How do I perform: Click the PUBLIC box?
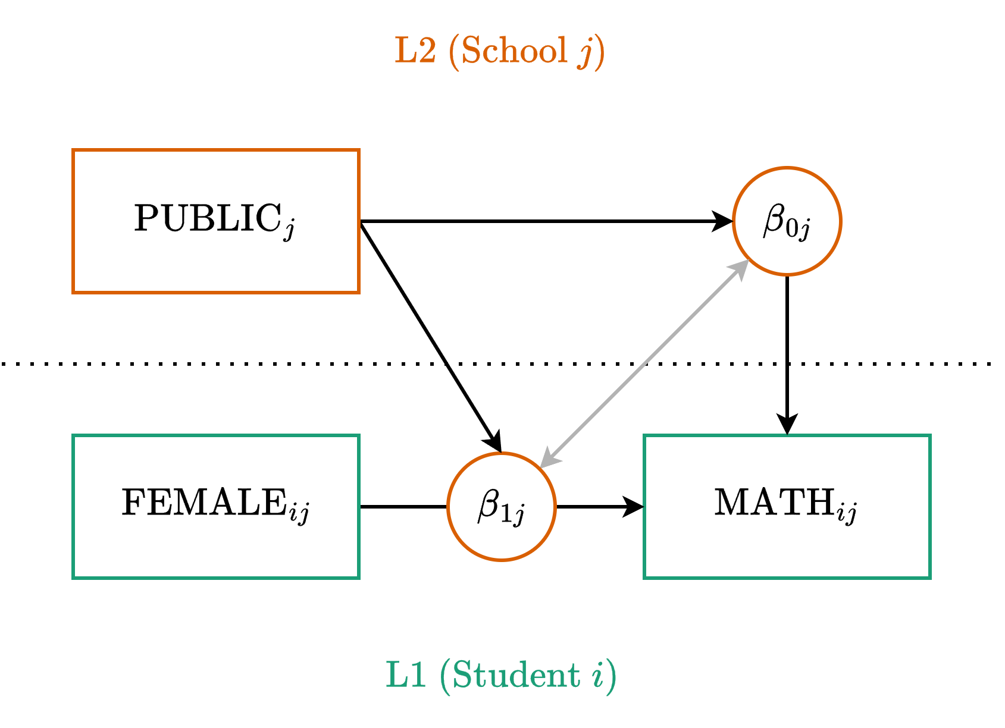(215, 221)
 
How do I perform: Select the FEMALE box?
(215, 506)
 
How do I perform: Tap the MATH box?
(787, 506)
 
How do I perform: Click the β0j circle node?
(787, 221)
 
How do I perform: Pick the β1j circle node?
(501, 507)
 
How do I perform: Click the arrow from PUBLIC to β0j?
(536, 221)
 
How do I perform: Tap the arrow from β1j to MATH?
(595, 507)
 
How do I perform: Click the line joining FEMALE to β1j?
(403, 507)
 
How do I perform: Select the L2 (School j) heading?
(500, 51)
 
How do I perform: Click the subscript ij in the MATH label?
(847, 513)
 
